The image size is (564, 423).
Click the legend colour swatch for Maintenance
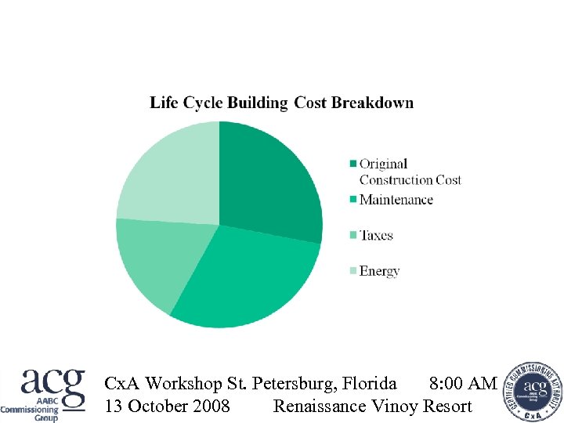pos(353,200)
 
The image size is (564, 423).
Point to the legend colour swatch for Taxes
pos(353,236)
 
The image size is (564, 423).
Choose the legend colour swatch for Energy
pos(353,271)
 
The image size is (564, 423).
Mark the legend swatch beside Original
pos(353,164)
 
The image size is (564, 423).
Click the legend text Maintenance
pos(396,200)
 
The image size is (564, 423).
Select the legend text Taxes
pos(376,236)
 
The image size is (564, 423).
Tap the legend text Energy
pos(380,271)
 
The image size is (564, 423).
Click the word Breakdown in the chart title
pos(372,103)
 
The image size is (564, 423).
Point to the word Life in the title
pos(164,103)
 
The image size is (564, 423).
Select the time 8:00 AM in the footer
pos(463,383)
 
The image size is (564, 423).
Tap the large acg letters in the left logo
pos(52,385)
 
